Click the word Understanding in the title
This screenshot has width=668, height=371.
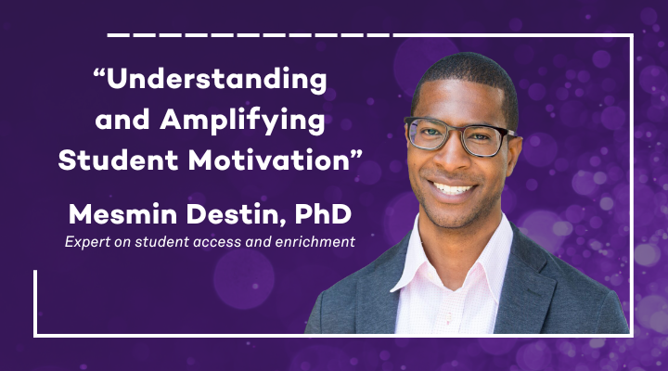[216, 81]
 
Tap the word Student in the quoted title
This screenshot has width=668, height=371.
[114, 160]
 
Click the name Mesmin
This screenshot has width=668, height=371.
[129, 217]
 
